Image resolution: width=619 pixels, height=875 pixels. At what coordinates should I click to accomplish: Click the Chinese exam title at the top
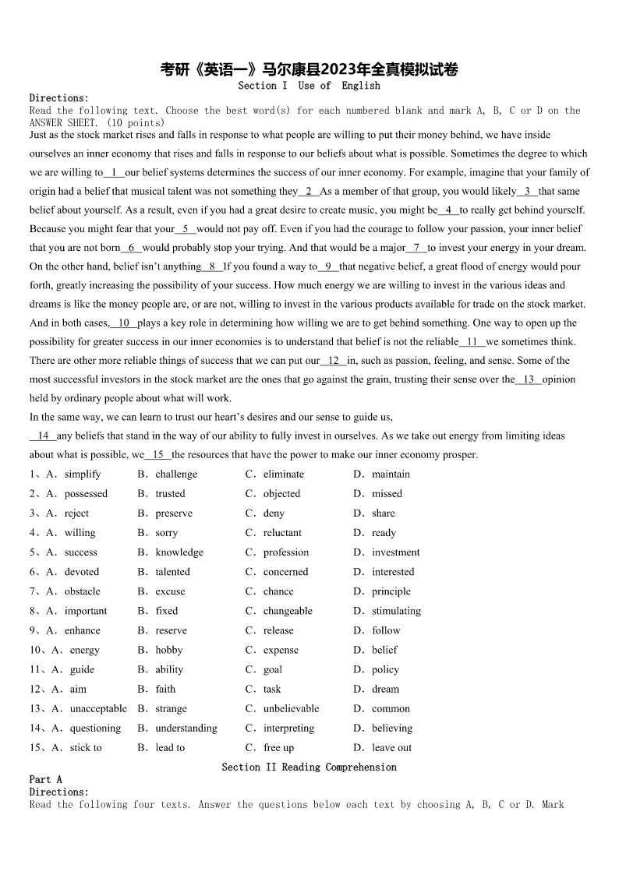tap(309, 70)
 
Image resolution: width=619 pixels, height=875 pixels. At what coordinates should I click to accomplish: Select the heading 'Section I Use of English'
tap(309, 86)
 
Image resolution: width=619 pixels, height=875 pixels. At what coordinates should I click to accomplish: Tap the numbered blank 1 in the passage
tap(114, 172)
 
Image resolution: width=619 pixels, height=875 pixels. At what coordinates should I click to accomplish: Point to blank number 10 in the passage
tap(123, 323)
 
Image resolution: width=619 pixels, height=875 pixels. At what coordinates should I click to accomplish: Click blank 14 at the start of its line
tap(43, 436)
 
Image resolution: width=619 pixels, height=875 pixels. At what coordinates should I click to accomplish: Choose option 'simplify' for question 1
tap(83, 474)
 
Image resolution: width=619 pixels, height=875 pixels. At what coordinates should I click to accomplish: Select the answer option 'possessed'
tap(86, 493)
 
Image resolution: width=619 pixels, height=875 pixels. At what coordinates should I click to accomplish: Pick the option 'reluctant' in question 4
tap(282, 533)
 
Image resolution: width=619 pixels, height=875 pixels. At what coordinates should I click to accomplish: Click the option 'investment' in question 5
tap(395, 552)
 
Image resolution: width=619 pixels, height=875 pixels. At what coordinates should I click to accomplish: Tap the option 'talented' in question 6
tap(172, 572)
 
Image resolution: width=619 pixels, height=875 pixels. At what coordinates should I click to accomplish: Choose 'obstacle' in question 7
tap(82, 591)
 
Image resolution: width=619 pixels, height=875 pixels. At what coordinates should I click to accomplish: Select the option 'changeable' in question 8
tap(288, 611)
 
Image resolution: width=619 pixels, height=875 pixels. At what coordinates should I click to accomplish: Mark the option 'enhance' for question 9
tap(82, 630)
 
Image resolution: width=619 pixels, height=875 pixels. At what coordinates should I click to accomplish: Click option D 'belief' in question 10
tap(384, 650)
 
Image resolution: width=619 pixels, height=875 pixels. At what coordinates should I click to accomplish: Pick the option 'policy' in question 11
tap(385, 669)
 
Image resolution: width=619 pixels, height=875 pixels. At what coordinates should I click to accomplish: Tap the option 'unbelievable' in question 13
tap(291, 708)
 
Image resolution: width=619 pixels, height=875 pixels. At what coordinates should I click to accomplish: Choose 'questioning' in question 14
tap(95, 729)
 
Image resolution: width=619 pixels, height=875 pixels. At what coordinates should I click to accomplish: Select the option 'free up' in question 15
tap(278, 748)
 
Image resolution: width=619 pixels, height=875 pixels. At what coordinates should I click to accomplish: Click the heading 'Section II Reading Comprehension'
tap(309, 767)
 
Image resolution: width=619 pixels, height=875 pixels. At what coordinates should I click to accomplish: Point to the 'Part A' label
tap(45, 779)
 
